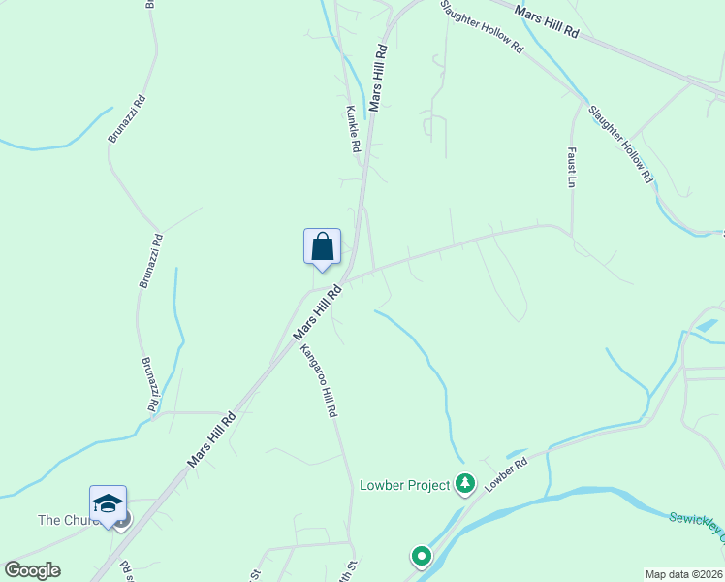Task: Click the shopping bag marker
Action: click(322, 246)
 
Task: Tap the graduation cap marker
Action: click(108, 503)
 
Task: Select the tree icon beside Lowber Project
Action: click(466, 482)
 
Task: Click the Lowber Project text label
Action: click(404, 485)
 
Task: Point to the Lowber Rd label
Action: click(505, 473)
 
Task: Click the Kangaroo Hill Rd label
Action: click(318, 381)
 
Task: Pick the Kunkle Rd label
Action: click(354, 128)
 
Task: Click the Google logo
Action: click(32, 569)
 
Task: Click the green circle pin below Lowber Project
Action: click(421, 557)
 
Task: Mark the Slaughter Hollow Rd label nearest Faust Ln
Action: click(619, 143)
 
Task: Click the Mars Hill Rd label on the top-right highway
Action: click(547, 21)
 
